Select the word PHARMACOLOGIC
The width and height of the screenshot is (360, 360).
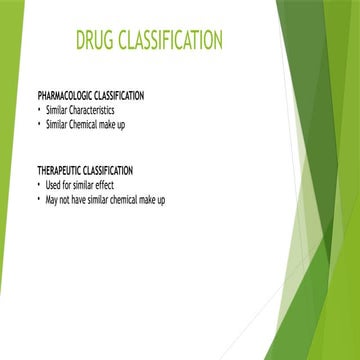[x=65, y=96]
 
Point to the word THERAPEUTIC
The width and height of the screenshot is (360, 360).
[x=59, y=171]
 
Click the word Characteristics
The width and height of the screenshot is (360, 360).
[x=91, y=110]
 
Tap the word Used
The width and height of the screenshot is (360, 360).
[x=53, y=185]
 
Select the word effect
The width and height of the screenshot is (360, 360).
[x=104, y=185]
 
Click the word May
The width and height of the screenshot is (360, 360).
[x=52, y=201]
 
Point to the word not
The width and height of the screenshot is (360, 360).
[x=65, y=200]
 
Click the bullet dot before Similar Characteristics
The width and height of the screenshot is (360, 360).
[x=39, y=110]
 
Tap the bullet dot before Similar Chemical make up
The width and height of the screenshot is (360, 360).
[x=39, y=125]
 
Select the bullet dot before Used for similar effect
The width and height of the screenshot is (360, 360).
[x=39, y=185]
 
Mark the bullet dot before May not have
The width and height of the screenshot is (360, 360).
[x=39, y=200]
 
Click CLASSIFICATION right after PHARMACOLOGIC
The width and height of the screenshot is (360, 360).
[x=119, y=96]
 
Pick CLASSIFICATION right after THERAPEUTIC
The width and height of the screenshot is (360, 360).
[x=108, y=171]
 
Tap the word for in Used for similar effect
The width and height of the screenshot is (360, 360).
[x=67, y=185]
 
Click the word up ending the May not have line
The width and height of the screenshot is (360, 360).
[x=161, y=201]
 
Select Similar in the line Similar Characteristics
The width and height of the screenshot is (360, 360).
[x=57, y=110]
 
